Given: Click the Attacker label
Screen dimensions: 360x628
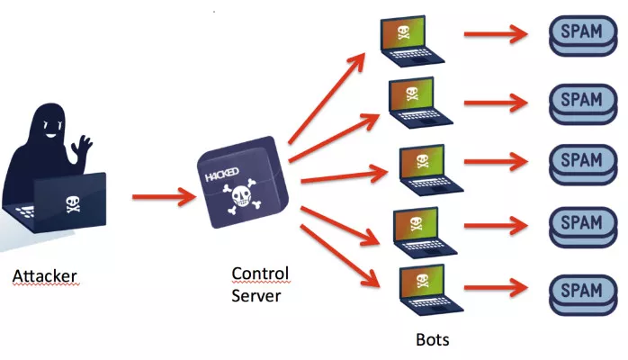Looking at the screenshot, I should [x=44, y=274].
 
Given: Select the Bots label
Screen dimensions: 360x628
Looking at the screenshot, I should [x=432, y=340].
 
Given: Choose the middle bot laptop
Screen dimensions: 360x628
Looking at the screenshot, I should [x=428, y=167].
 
